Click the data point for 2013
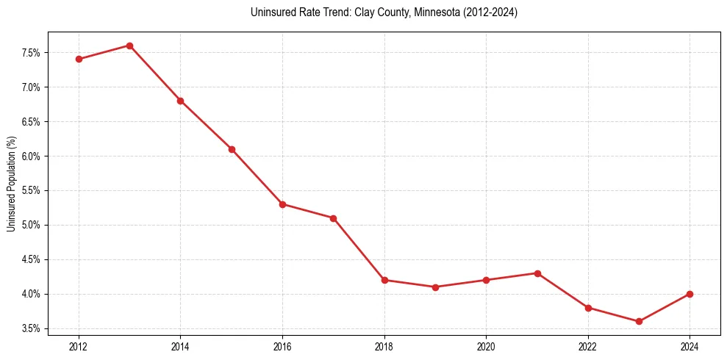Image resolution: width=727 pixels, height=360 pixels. click(x=129, y=46)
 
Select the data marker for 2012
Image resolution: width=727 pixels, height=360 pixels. click(x=79, y=60)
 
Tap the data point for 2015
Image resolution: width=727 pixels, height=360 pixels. click(x=232, y=149)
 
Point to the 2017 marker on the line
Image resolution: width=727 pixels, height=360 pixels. click(x=333, y=218)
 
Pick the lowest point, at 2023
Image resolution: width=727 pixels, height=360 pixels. click(x=639, y=321)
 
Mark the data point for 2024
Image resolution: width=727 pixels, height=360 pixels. click(x=690, y=294)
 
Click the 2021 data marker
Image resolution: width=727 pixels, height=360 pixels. click(x=537, y=273)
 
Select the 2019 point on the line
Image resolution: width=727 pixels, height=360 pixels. click(x=435, y=287)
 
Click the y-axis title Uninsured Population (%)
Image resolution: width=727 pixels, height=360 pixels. click(x=11, y=184)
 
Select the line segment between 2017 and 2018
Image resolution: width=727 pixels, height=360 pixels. click(x=359, y=249)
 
